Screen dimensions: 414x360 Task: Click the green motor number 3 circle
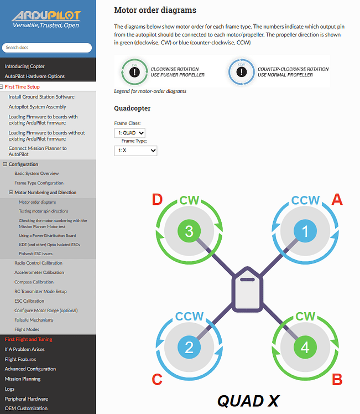coord(189,232)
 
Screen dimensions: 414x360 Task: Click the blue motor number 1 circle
coord(305,232)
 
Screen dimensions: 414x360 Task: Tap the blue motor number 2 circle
coord(189,348)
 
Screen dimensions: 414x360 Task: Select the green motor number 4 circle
coord(305,348)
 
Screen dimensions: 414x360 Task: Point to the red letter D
coord(158,199)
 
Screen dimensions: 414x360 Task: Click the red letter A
coord(336,199)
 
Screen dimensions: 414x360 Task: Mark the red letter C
coord(158,380)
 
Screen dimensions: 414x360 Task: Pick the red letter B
coord(336,380)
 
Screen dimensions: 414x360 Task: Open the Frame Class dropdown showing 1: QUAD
coord(130,133)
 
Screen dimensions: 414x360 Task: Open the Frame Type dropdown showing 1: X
coord(135,150)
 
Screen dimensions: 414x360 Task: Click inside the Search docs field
coord(48,48)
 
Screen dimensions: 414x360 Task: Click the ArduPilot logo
coord(47,18)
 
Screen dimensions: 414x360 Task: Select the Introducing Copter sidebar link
coord(25,66)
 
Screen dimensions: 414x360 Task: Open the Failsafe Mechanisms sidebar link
coord(34,320)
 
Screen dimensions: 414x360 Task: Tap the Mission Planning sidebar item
coord(23,379)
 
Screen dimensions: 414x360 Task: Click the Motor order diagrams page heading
coord(155,10)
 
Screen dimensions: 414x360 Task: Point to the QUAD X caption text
coord(248,400)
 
